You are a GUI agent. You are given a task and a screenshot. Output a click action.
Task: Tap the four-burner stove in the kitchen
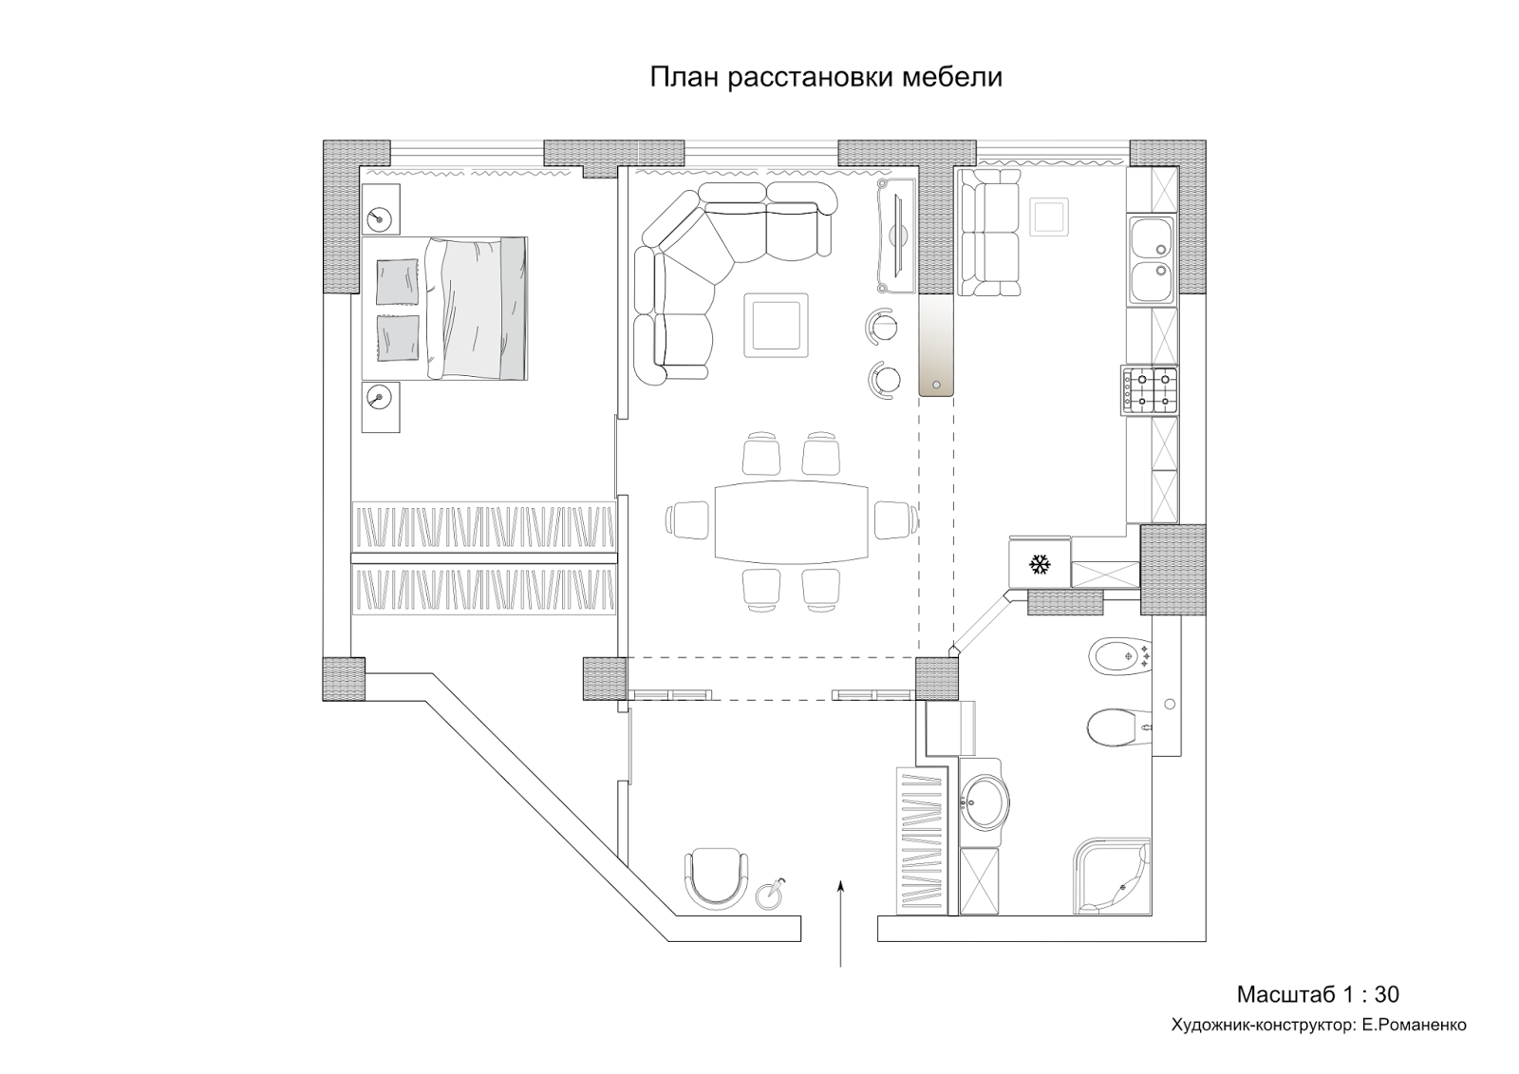1150,390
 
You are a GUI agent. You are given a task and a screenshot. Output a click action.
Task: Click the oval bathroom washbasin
982,803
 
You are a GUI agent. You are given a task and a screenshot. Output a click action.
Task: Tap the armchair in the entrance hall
714,877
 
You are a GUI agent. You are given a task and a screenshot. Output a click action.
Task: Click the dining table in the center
792,521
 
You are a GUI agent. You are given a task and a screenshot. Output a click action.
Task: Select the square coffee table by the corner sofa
776,324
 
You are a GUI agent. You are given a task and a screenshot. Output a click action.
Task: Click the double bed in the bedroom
446,309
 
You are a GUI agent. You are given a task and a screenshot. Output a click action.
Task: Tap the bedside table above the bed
381,209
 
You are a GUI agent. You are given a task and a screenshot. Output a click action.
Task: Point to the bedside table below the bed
381,405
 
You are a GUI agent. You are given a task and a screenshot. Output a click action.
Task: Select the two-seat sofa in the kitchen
988,233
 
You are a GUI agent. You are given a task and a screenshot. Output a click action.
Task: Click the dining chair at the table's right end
894,521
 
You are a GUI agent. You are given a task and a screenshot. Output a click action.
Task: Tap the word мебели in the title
953,77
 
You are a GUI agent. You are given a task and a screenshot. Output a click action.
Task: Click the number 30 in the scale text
1386,994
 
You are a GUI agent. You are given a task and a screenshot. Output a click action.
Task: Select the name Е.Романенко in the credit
1414,1025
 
